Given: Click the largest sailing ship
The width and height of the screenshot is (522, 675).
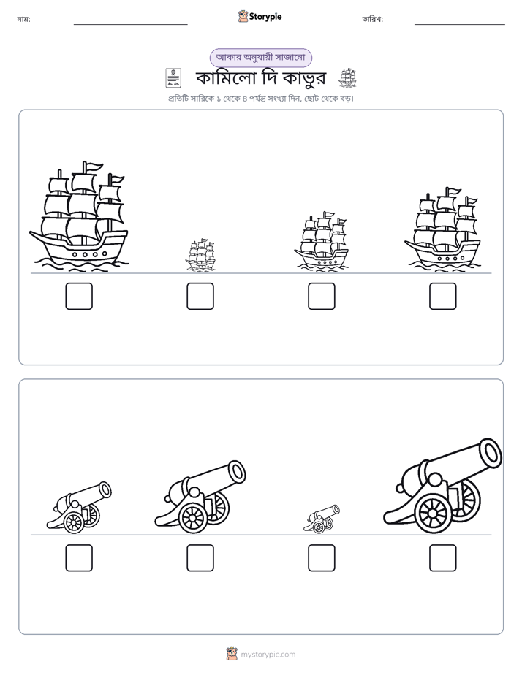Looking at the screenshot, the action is (79, 217).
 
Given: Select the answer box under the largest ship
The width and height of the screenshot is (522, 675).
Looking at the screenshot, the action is (79, 296).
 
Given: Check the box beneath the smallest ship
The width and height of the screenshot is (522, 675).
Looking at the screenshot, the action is (200, 296).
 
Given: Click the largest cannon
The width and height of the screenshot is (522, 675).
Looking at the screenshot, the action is (443, 487).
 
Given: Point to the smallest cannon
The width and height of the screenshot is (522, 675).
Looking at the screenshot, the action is (321, 519).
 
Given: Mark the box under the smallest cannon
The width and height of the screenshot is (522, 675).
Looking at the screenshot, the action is (321, 558).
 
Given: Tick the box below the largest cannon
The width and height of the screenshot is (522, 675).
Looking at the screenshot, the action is (443, 558).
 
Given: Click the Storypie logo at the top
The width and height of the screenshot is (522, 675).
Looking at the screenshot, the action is (260, 17).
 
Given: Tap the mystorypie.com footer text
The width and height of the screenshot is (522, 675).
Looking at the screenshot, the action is (268, 655).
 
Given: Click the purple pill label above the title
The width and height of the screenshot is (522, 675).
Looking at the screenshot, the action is (260, 58).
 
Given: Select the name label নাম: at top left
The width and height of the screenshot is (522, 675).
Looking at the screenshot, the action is (23, 19).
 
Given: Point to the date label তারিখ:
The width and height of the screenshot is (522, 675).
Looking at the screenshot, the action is (373, 19).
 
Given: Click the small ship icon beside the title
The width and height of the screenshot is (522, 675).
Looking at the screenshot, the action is (347, 78).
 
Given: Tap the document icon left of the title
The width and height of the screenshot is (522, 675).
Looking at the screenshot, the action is (173, 78).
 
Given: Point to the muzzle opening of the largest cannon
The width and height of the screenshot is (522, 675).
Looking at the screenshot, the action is (490, 453).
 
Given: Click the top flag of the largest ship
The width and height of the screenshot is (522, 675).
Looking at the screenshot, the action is (93, 166).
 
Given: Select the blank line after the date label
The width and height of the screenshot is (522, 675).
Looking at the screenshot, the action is (460, 25).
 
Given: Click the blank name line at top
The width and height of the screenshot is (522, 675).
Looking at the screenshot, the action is (130, 25).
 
